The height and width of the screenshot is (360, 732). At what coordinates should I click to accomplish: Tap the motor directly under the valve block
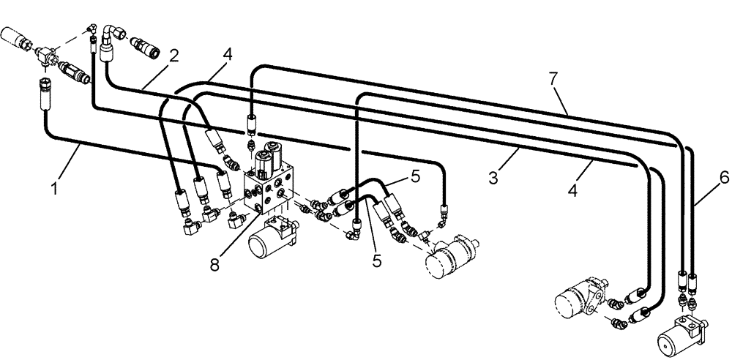(x=274, y=237)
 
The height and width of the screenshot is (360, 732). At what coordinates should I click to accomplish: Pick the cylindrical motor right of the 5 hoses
(x=452, y=255)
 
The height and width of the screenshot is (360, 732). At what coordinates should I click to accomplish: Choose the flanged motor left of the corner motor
(x=578, y=300)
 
